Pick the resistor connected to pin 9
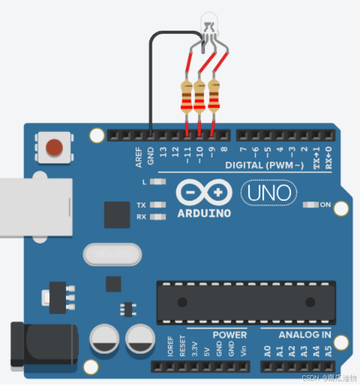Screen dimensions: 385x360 [213, 96]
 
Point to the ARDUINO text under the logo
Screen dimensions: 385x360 [205, 213]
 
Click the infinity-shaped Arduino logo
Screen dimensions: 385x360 [204, 193]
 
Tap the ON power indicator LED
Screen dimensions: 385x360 [311, 205]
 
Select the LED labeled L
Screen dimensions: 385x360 [158, 181]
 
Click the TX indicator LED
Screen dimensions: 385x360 [158, 204]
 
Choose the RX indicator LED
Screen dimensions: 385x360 [158, 216]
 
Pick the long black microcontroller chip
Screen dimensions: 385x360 [246, 302]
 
